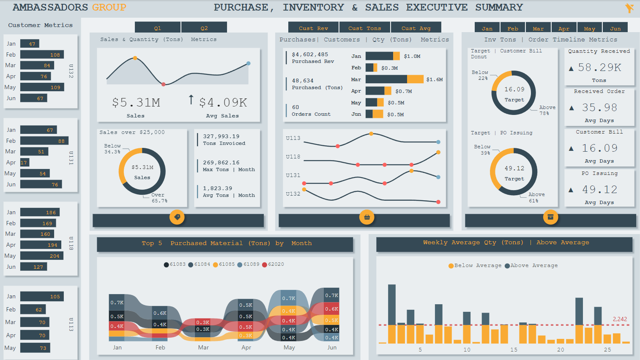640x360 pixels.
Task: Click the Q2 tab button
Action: (x=204, y=28)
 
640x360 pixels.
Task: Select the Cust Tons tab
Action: (x=364, y=28)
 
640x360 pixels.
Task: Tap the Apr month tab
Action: (x=564, y=28)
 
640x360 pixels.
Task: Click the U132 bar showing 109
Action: (x=42, y=87)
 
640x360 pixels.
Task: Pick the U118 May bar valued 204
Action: (x=41, y=256)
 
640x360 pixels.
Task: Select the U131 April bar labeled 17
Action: (x=25, y=162)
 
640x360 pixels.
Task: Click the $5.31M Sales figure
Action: (x=136, y=103)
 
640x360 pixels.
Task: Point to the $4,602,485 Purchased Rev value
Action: (x=310, y=55)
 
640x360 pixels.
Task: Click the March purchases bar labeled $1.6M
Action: (x=394, y=79)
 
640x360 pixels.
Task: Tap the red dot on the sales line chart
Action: (x=164, y=85)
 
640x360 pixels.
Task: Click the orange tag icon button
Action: (x=177, y=217)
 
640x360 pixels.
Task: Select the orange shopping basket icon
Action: (x=367, y=217)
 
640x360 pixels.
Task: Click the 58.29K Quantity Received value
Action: (x=599, y=68)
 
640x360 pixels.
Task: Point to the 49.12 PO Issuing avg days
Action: (x=599, y=190)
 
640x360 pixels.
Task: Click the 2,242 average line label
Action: (x=620, y=319)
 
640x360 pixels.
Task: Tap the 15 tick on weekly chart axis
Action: (x=514, y=350)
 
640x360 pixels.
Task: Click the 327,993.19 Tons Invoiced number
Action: (x=221, y=136)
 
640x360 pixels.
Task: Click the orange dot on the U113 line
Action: (x=371, y=134)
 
